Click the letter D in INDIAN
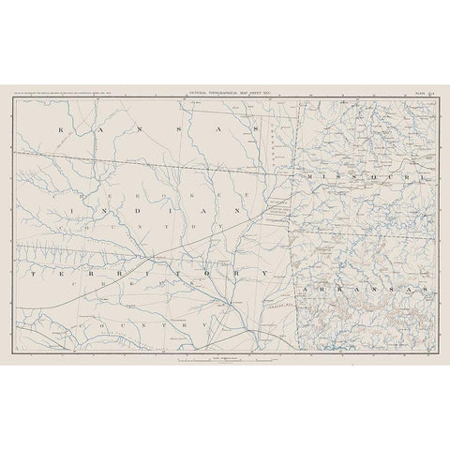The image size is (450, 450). tap(127, 215)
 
